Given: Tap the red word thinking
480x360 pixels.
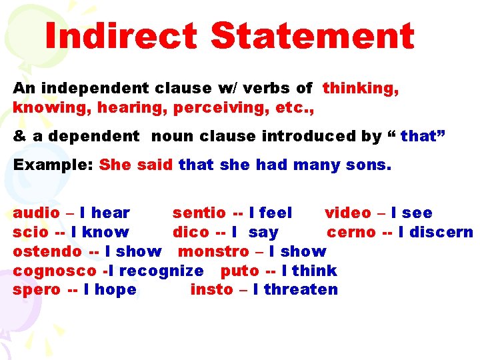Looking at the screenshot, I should tap(361, 88).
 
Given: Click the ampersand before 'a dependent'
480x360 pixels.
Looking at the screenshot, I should tap(19, 136).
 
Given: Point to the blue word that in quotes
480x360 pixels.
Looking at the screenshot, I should tap(418, 136).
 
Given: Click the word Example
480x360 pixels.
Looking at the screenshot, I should tap(51, 165).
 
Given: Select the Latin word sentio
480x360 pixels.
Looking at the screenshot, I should tap(199, 213).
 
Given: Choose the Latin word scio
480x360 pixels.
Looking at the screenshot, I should tap(31, 233).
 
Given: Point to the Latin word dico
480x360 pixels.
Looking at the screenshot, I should tap(190, 233).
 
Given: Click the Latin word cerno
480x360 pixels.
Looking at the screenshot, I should tap(351, 233).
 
